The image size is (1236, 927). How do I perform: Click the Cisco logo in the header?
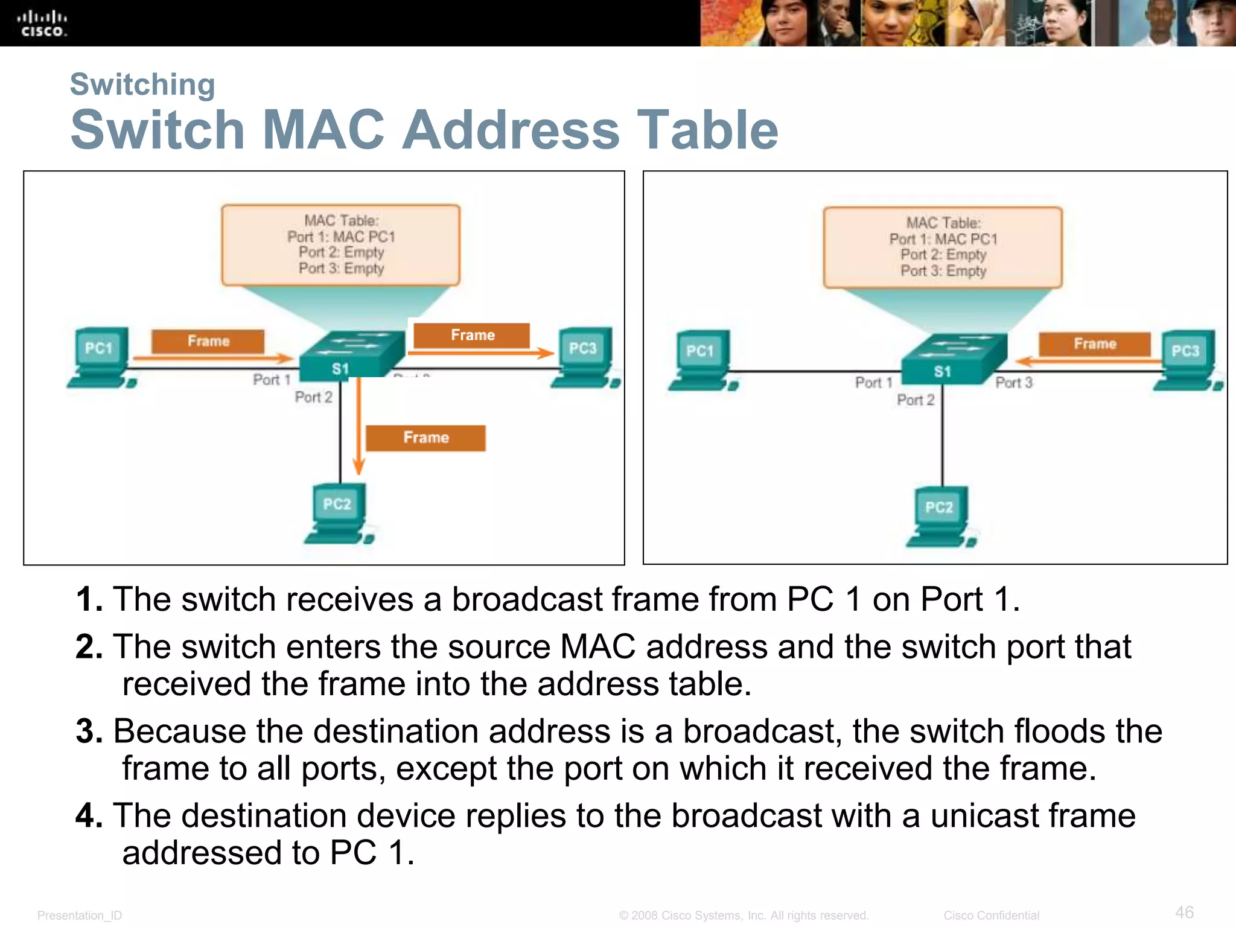click(42, 24)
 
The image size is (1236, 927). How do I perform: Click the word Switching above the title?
click(142, 84)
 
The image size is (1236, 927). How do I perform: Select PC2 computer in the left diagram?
click(339, 514)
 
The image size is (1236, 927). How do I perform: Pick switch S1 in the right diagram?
click(954, 360)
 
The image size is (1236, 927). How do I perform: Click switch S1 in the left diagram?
click(352, 356)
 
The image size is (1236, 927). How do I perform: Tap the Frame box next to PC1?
click(208, 341)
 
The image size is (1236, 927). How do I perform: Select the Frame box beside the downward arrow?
click(425, 438)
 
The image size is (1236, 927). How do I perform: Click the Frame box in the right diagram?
click(1094, 343)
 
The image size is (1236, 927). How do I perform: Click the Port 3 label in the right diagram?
click(1014, 383)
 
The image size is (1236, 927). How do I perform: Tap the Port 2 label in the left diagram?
click(313, 397)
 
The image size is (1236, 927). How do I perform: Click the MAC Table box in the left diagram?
click(340, 244)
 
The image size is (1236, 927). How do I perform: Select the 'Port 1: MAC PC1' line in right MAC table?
click(943, 239)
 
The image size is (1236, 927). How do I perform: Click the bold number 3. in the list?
click(89, 731)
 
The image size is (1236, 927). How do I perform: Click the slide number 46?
click(1184, 912)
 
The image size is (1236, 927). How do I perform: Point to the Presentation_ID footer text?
click(80, 916)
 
